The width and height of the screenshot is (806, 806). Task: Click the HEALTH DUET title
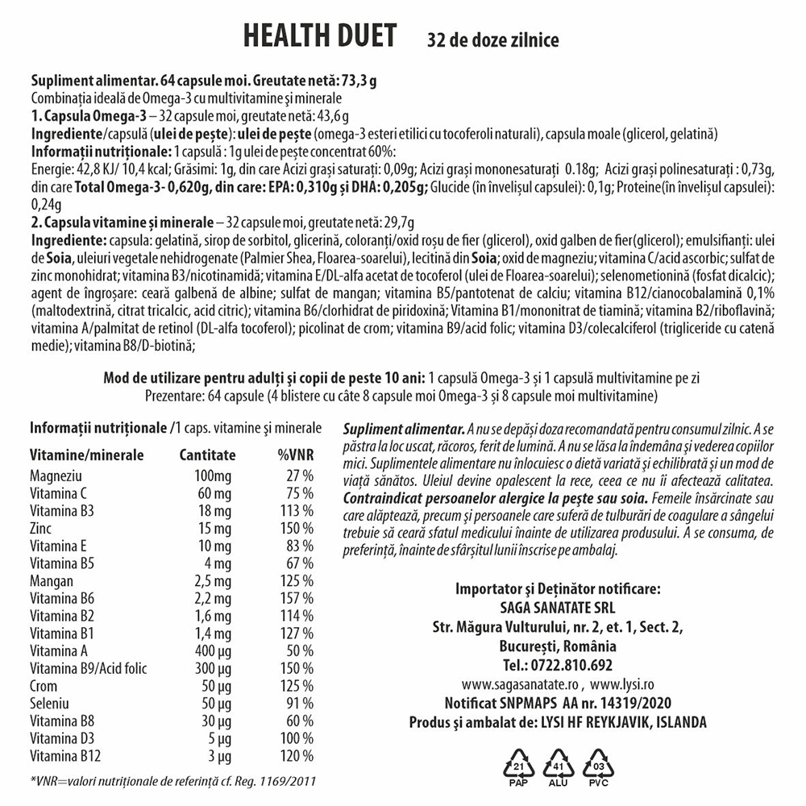pyautogui.click(x=319, y=35)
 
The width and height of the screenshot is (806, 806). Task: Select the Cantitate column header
pyautogui.click(x=208, y=455)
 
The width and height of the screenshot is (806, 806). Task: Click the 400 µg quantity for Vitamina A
pyautogui.click(x=214, y=650)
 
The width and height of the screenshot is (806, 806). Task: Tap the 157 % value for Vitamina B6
pyautogui.click(x=297, y=597)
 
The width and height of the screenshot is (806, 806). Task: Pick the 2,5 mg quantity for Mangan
pyautogui.click(x=212, y=580)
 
